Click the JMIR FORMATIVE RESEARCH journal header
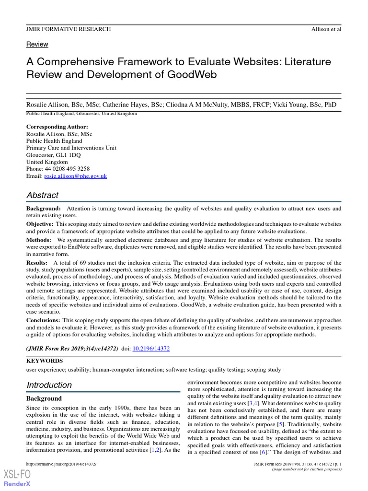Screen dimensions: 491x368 (x=69, y=29)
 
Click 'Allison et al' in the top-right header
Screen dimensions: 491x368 (x=326, y=29)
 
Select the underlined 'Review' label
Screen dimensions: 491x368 (x=37, y=44)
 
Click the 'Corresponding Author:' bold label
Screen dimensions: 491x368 (x=57, y=127)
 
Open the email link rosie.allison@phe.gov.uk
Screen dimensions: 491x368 (x=75, y=176)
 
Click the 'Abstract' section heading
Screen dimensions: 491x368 (x=42, y=195)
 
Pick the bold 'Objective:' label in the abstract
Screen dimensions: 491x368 (x=40, y=224)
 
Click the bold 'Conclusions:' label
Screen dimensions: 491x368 (x=43, y=320)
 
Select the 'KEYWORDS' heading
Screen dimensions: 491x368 (x=44, y=361)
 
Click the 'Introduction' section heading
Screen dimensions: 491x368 (x=49, y=385)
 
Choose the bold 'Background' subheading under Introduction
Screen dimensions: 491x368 (x=44, y=398)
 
